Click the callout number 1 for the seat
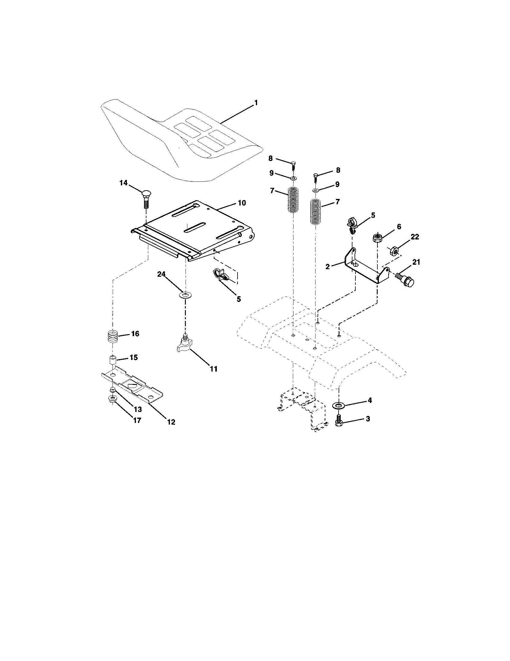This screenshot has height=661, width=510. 256,103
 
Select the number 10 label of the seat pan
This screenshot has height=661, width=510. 241,203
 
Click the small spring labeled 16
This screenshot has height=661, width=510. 113,336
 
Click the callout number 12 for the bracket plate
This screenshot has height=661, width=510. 171,422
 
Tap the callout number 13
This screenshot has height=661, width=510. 138,409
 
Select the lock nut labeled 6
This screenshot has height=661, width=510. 377,238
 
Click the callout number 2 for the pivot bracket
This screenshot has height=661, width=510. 328,267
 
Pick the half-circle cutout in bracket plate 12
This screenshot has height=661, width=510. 132,386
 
